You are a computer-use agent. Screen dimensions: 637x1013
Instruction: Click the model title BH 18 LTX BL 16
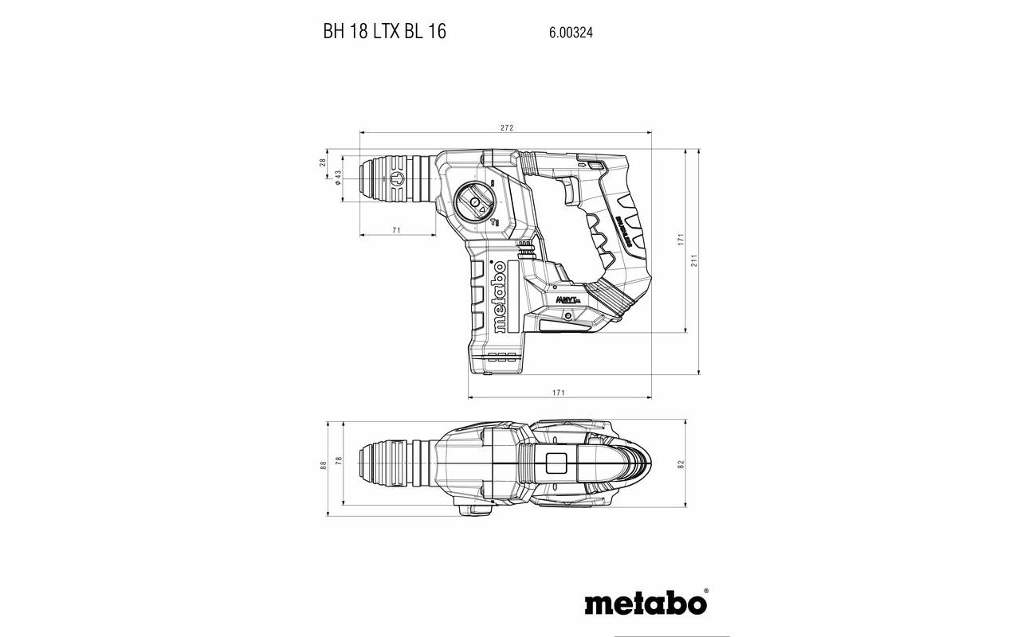384,32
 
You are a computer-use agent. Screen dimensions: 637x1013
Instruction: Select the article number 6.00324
570,33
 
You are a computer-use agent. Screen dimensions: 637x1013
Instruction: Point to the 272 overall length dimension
506,127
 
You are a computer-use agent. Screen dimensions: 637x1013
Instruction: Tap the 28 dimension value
323,162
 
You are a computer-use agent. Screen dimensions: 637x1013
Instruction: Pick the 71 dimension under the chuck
396,230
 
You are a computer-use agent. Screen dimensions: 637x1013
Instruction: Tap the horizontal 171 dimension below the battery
559,393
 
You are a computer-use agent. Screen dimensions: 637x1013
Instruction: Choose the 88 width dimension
324,465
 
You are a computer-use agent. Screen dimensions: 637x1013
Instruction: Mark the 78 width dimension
338,462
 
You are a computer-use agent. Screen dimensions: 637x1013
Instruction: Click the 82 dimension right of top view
681,464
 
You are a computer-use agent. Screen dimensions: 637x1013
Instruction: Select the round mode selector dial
475,203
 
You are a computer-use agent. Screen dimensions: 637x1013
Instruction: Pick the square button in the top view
556,463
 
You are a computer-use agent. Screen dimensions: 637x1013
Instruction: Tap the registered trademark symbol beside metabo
705,592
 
